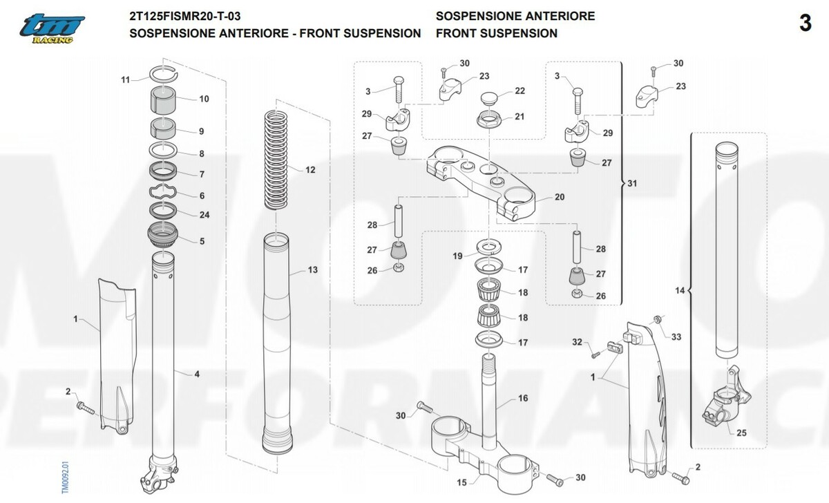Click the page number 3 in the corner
click(x=805, y=23)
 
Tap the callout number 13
click(x=313, y=270)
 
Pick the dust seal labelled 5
click(x=164, y=236)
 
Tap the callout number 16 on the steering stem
click(x=523, y=399)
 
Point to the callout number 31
click(x=633, y=184)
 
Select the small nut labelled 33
click(x=657, y=319)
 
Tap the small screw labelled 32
click(x=593, y=354)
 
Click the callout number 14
click(x=680, y=291)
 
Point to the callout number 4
click(x=197, y=374)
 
